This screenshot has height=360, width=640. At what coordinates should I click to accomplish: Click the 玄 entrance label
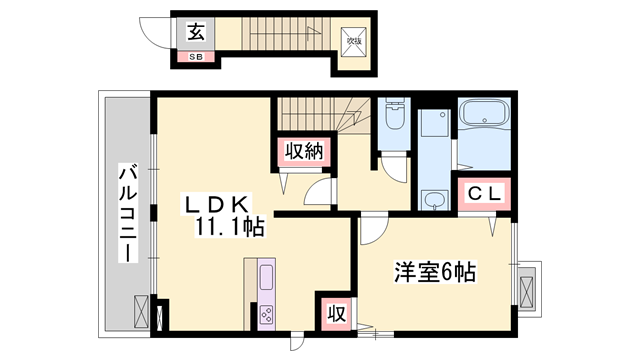[195, 32]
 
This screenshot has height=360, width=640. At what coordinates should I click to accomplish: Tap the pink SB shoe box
[194, 56]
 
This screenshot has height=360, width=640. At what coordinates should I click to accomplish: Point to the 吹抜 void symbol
[353, 42]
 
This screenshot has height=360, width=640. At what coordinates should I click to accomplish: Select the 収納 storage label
[298, 152]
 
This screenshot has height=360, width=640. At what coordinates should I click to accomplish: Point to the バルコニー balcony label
[127, 212]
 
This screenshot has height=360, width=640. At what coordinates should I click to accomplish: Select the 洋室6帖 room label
[433, 271]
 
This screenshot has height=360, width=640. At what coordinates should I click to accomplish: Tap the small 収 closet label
[334, 312]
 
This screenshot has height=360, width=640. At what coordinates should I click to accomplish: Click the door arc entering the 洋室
[370, 232]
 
